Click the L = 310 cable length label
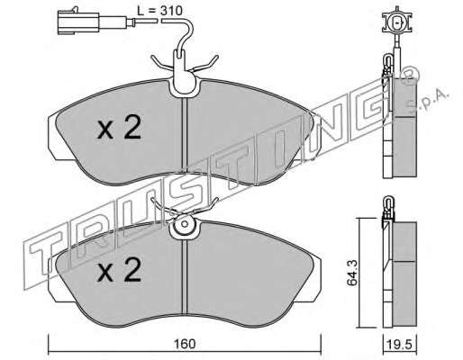click(159, 11)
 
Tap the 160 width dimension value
click(185, 344)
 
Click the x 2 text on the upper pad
click(119, 128)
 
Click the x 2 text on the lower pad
click(119, 270)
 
